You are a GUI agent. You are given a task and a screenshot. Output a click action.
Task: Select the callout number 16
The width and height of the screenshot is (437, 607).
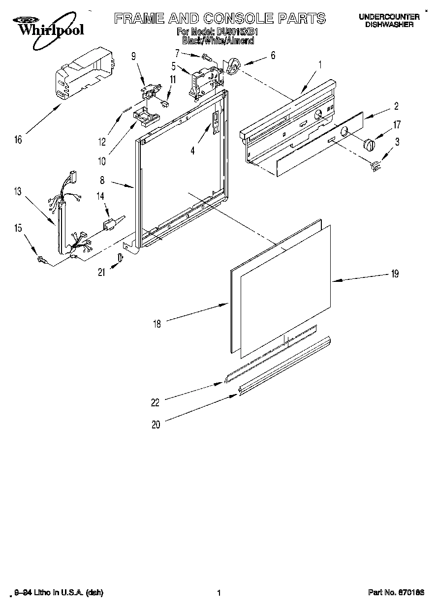click(x=18, y=140)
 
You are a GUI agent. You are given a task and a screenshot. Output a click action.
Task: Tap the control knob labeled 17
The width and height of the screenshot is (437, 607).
click(x=369, y=145)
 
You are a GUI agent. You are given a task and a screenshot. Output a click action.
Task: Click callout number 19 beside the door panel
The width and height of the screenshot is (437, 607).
click(x=395, y=274)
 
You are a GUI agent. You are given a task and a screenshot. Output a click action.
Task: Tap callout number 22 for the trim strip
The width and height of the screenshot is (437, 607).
click(x=156, y=402)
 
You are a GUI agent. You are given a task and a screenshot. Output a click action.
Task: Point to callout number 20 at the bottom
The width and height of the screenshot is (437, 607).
click(x=156, y=425)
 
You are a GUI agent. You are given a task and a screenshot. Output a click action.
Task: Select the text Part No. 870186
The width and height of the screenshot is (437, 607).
click(x=396, y=593)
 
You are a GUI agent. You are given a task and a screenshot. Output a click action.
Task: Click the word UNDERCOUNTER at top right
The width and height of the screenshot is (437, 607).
click(x=389, y=17)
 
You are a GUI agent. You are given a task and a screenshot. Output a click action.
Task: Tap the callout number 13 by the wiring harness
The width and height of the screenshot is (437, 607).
click(x=18, y=191)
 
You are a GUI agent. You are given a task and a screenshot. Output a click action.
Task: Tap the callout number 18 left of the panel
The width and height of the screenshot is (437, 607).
click(x=157, y=323)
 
